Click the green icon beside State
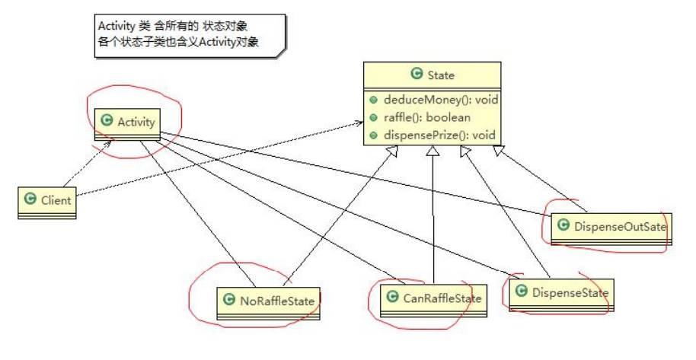(x=416, y=75)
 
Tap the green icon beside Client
(x=30, y=201)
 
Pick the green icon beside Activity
(x=107, y=121)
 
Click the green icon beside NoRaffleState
(x=228, y=299)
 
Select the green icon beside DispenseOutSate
(x=564, y=225)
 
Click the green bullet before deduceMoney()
(x=373, y=100)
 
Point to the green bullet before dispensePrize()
(x=373, y=135)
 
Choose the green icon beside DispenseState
(x=522, y=292)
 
